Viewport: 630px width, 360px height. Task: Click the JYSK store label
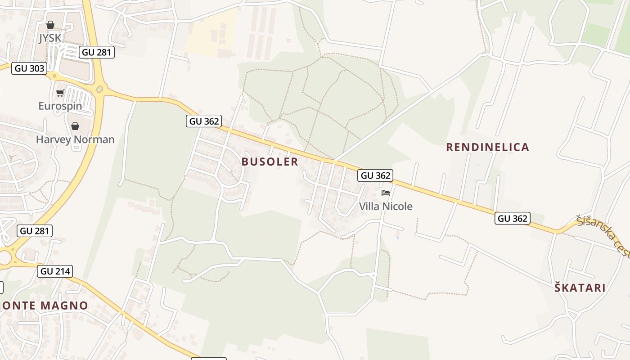[x=49, y=38]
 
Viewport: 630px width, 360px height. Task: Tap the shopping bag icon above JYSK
[x=50, y=25]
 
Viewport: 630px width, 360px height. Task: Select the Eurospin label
[x=60, y=106]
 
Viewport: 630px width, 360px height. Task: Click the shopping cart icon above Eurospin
[x=60, y=93]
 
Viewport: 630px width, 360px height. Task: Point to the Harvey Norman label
[x=75, y=139]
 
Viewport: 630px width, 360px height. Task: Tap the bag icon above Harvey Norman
[x=75, y=126]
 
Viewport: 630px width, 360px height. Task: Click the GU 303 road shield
[x=29, y=68]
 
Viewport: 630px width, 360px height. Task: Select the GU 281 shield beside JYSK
[x=96, y=52]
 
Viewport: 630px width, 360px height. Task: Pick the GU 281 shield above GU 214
[x=35, y=231]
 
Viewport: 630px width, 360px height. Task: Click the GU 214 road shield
[x=56, y=271]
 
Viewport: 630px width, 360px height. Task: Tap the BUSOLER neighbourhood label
[x=270, y=162]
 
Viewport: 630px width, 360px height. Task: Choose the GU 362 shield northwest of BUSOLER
[x=204, y=121]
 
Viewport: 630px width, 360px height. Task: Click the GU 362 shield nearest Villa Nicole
[x=375, y=175]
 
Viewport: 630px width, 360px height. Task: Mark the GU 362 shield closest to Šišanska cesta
[x=513, y=219]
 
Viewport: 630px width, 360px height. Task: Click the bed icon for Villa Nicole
[x=385, y=193]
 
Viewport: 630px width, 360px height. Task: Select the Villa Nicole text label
[x=386, y=207]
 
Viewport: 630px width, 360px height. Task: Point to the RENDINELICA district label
[x=487, y=147]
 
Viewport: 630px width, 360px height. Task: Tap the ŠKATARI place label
[x=580, y=288]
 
